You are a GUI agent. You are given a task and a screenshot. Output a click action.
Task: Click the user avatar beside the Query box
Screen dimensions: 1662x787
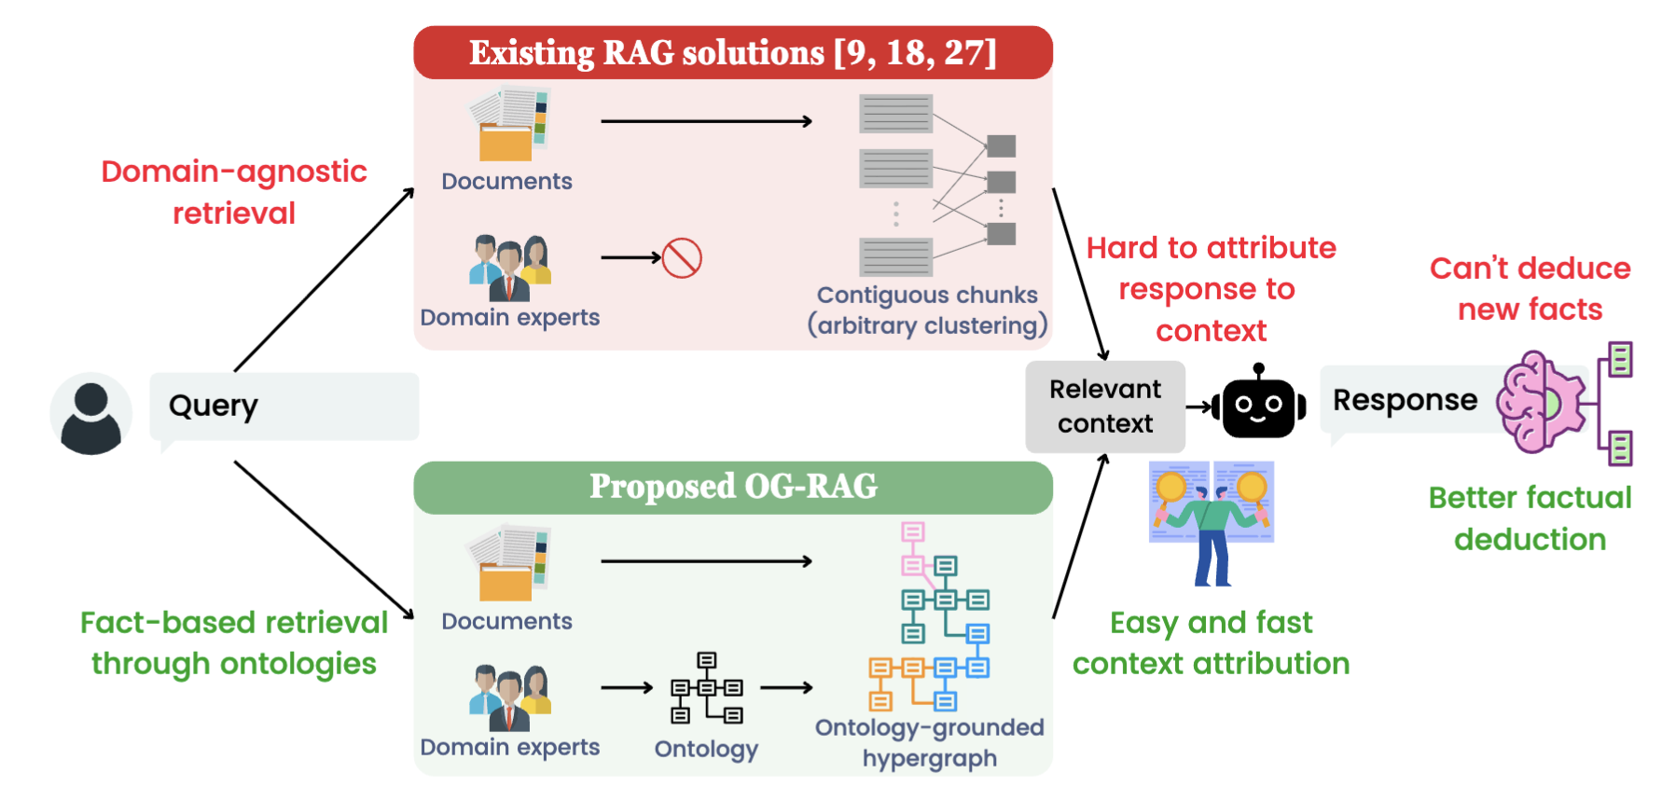[x=90, y=414]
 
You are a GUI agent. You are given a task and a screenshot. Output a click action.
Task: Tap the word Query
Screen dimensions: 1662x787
[x=213, y=406]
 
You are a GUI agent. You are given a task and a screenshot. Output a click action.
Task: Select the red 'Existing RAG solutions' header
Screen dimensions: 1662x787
[x=733, y=52]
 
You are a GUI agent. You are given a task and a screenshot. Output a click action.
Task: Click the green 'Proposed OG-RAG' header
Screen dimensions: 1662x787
[x=733, y=487]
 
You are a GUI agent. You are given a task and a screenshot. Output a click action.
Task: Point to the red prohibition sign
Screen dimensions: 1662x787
[x=682, y=257]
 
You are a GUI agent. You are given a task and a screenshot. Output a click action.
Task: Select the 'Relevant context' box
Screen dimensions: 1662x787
[x=1105, y=407]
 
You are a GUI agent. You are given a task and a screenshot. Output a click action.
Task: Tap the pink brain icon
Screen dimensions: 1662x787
[x=1540, y=402]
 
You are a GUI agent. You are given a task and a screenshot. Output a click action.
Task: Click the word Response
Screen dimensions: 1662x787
[x=1405, y=400]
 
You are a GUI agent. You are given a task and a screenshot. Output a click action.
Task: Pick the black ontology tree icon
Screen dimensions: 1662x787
[x=707, y=688]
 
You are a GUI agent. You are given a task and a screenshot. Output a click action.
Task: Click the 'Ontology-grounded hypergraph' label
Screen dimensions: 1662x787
[x=930, y=742]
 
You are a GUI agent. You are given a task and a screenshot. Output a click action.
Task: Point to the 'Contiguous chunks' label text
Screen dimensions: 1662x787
[x=927, y=295]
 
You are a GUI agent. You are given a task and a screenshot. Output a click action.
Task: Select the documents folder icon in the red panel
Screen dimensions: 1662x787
[x=509, y=124]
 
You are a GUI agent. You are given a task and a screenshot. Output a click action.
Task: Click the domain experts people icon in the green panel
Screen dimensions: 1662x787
[x=510, y=697]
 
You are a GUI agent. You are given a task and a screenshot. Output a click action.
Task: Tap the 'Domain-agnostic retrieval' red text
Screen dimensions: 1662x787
[x=234, y=192]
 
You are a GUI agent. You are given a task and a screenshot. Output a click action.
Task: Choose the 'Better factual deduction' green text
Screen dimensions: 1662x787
[x=1530, y=518]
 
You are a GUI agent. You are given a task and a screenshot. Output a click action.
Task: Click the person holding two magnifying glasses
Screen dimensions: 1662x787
[x=1212, y=523]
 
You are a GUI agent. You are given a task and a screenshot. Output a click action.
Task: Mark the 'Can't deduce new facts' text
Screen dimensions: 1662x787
[x=1530, y=288]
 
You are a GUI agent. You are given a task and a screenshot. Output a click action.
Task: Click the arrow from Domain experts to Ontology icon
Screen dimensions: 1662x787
[x=627, y=688]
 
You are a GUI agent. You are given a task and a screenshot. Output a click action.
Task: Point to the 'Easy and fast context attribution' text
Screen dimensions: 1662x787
[x=1211, y=642]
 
